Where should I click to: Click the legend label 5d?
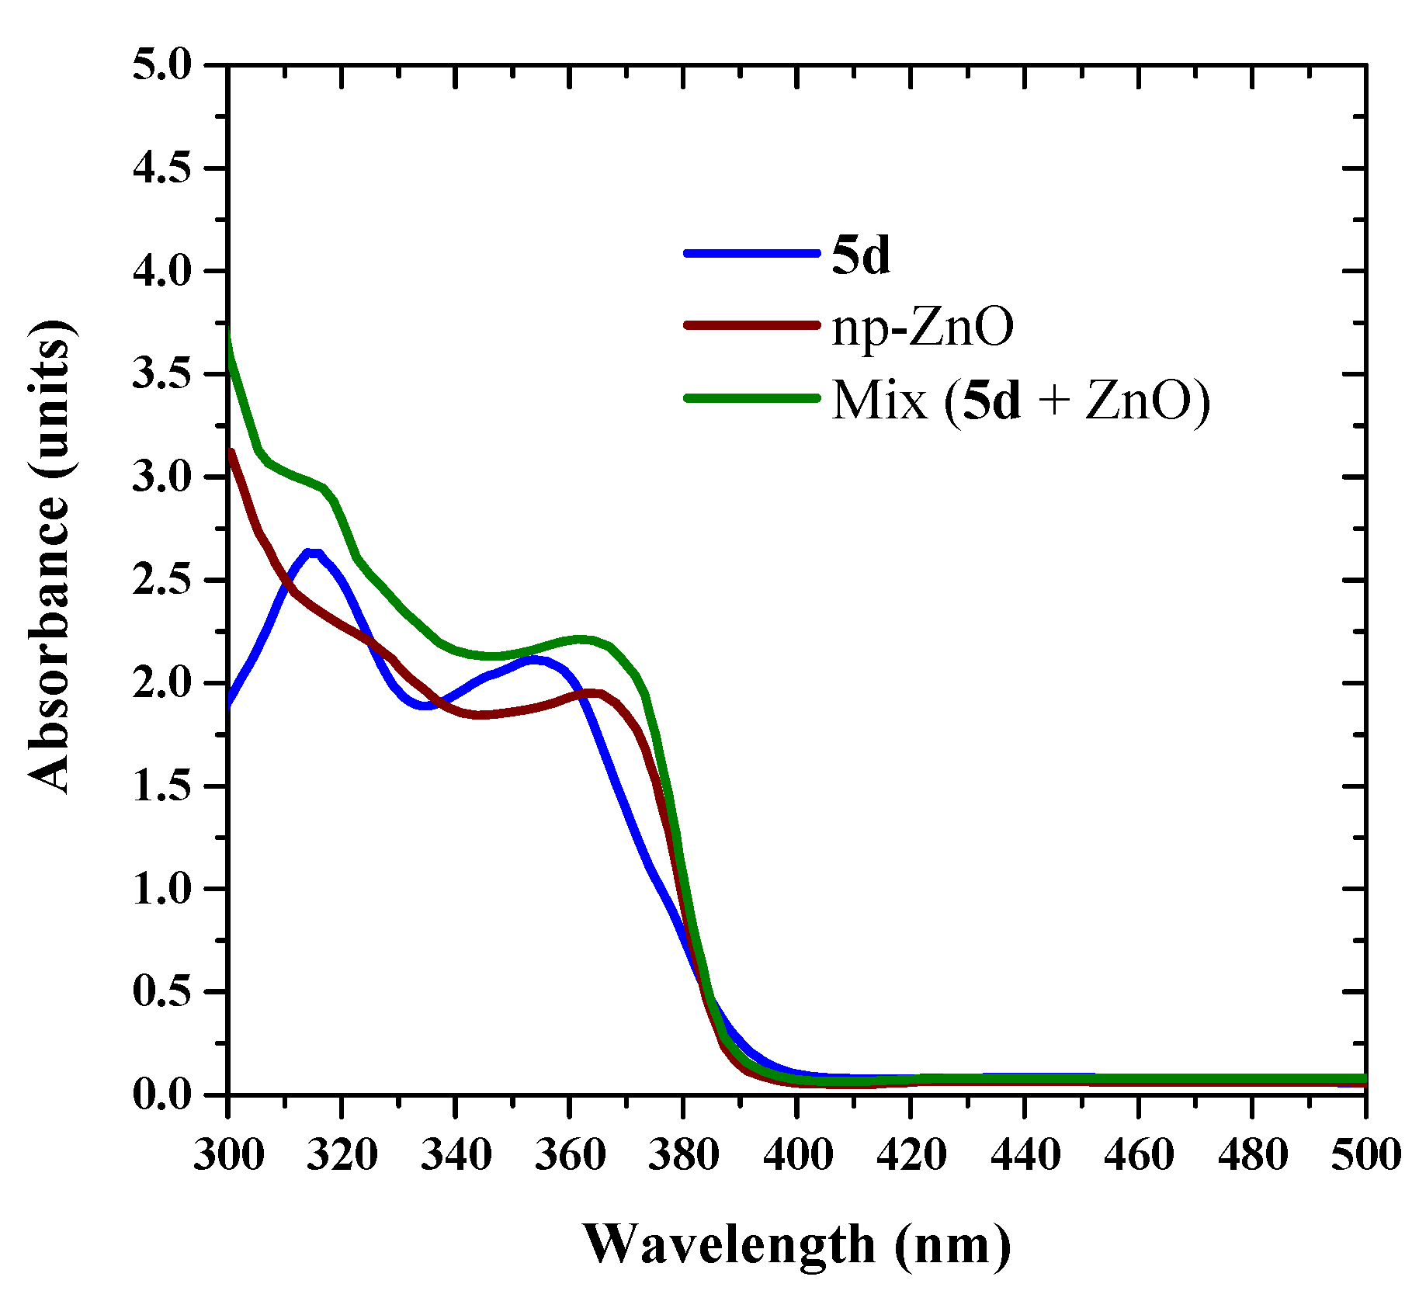860,255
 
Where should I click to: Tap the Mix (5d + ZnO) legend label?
1020,400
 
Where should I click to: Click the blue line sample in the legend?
751,253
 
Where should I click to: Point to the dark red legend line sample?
751,325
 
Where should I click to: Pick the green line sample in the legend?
751,398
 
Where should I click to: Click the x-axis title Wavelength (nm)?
797,1244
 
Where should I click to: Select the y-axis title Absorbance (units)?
50,556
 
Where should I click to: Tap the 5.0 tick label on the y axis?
161,65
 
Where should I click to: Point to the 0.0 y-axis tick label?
161,1095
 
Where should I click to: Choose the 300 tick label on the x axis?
228,1154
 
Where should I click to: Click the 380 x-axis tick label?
683,1154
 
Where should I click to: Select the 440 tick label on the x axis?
1025,1154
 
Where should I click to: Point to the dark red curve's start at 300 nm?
231,453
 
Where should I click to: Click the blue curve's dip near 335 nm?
425,706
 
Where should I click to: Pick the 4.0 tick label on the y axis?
161,272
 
